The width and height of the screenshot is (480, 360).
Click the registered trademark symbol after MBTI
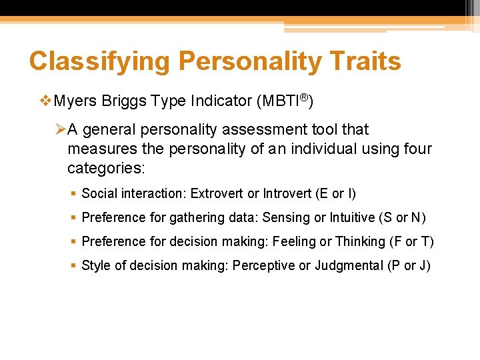tap(303, 98)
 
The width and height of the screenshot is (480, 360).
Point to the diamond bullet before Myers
tap(45, 101)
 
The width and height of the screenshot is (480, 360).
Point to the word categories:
tap(105, 167)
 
